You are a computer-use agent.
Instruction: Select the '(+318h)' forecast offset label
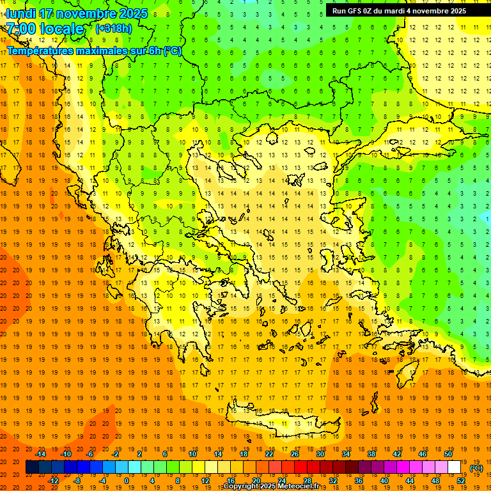point(114,29)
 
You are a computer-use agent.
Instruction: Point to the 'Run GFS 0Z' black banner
point(399,10)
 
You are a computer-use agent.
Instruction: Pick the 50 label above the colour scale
point(448,454)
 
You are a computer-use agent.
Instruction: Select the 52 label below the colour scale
point(460,481)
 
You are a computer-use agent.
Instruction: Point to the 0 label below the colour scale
point(126,481)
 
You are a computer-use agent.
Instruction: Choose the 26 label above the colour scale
point(295,454)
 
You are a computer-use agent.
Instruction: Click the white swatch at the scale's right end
point(454,467)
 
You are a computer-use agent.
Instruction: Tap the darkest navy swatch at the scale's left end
point(32,467)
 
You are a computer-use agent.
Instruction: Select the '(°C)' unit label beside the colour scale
point(476,468)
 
